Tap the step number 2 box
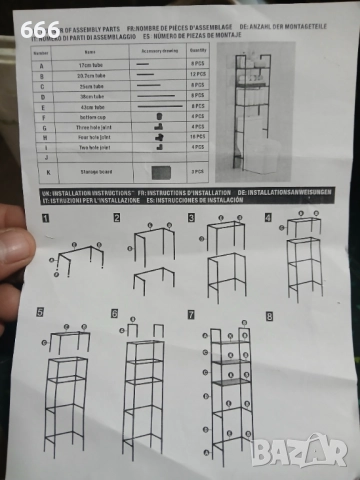pyautogui.click(x=117, y=216)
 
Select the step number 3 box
pyautogui.click(x=193, y=216)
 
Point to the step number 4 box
pyautogui.click(x=268, y=216)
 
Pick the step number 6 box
pyautogui.click(x=115, y=313)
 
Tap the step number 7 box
pyautogui.click(x=191, y=314)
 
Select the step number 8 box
pyautogui.click(x=269, y=315)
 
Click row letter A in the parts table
pyautogui.click(x=42, y=64)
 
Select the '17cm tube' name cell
pyautogui.click(x=89, y=64)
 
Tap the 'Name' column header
pyautogui.click(x=89, y=49)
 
